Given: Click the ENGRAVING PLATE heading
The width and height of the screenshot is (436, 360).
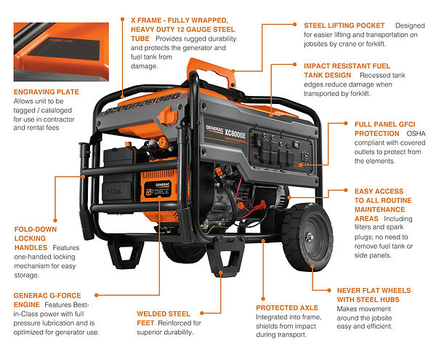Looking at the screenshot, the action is pos(47,92).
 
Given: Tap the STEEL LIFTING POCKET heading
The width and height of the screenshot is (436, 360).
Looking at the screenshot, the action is pos(344,25).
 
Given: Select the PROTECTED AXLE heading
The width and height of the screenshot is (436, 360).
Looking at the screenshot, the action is pos(287,308).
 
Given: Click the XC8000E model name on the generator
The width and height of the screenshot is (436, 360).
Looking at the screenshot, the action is pos(235,134).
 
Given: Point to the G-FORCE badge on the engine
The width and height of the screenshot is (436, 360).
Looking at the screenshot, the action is pos(158,190).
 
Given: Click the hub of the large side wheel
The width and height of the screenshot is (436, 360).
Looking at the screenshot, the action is pos(310,237).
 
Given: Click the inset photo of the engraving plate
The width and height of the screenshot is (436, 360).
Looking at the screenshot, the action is pos(61,52).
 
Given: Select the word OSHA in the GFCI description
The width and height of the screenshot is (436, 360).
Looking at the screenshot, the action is pos(416,134).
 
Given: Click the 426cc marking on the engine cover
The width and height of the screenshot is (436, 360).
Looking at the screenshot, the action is pos(113,191).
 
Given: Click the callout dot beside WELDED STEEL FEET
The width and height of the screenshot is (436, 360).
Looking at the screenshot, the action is pos(202,313).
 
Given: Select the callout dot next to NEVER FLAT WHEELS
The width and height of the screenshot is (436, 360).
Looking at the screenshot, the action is pos(329,290).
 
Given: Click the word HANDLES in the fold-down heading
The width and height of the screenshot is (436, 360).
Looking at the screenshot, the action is pos(31,247).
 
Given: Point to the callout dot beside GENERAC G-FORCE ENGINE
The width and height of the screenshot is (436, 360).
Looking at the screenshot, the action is pos(97,295).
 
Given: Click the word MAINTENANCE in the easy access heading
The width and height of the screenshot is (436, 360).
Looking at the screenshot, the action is pos(379,209).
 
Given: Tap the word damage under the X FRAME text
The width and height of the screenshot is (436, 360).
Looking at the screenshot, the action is pos(145,66).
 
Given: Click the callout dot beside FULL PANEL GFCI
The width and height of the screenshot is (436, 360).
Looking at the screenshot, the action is pos(346,123).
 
